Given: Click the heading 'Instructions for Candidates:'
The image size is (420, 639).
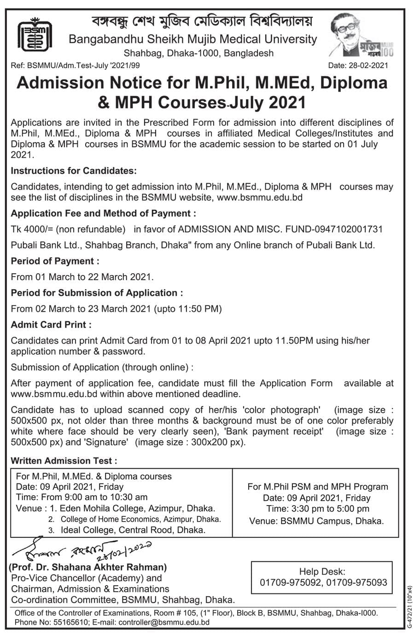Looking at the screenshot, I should pyautogui.click(x=74, y=171).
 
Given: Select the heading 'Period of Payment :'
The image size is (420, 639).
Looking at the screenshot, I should pyautogui.click(x=55, y=261).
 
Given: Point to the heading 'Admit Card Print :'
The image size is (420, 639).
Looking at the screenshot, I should pyautogui.click(x=51, y=324).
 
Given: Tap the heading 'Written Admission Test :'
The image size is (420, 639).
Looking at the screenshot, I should pyautogui.click(x=64, y=461).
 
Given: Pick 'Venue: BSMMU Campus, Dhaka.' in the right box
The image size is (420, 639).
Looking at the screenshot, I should pyautogui.click(x=316, y=521).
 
